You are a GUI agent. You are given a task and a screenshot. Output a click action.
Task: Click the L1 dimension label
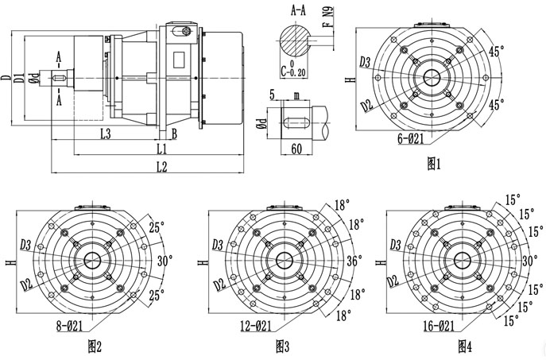coord(161,149)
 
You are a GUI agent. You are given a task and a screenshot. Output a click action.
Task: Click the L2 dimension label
coord(161,166)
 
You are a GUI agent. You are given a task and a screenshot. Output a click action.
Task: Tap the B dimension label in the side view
coord(174,134)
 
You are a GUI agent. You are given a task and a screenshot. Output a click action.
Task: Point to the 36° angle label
coord(354,260)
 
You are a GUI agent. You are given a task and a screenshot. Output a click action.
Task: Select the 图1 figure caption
coord(434,165)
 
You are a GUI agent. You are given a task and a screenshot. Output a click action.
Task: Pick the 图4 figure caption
coord(465,346)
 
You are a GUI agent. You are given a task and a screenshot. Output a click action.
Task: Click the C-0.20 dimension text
coord(293,69)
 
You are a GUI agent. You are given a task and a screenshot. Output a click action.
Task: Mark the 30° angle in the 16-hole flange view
coord(529,260)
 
